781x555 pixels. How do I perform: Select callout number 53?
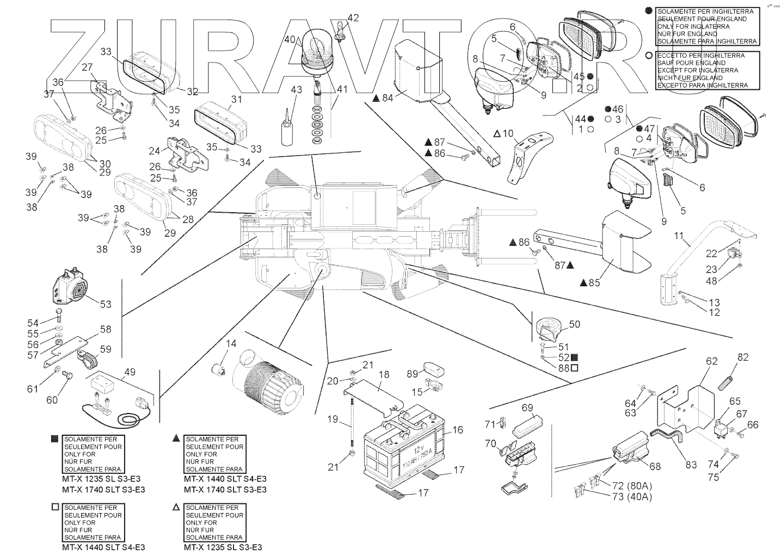pos(106,304)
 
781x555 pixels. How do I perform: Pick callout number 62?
pos(712,361)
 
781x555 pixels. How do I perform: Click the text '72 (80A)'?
pos(632,485)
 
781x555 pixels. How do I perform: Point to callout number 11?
pos(678,236)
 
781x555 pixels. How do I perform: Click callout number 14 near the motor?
pos(231,344)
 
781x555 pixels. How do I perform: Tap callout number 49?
pos(130,372)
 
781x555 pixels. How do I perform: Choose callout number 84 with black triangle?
pos(387,98)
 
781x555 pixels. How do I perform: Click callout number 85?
pos(594,282)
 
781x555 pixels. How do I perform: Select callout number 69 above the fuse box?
pos(527,408)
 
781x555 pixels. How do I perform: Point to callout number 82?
pos(743,357)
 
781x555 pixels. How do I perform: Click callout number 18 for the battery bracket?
pos(384,375)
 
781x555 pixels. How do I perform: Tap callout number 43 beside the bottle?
pos(296,89)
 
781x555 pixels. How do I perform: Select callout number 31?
pos(236,100)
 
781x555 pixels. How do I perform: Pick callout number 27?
pos(87,67)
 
